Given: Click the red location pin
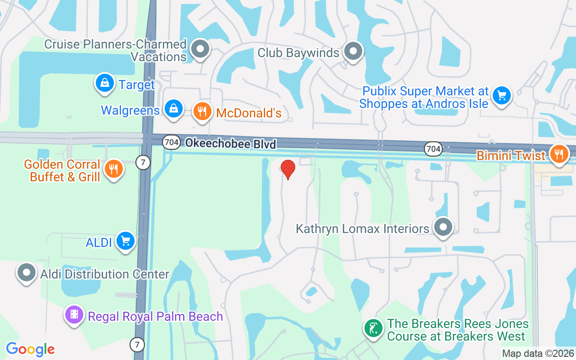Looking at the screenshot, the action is click(288, 169).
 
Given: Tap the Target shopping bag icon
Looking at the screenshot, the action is click(105, 83).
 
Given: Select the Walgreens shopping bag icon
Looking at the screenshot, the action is click(173, 108).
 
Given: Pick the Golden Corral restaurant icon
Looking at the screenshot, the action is click(114, 169).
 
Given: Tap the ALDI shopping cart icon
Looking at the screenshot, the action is click(126, 241).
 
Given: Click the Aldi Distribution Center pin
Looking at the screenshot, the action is click(27, 273).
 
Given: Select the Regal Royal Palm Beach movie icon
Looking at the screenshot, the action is click(75, 315).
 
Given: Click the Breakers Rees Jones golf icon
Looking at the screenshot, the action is click(373, 328).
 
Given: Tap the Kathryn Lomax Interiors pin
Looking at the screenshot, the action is click(443, 227).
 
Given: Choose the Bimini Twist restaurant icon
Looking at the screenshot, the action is click(559, 154).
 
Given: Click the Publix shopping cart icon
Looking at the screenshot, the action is click(502, 95).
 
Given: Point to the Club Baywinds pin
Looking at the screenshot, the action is click(353, 51).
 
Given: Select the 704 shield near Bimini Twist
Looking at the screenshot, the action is click(432, 148).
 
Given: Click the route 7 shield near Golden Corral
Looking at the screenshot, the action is click(143, 162).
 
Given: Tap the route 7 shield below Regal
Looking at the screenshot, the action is click(137, 345).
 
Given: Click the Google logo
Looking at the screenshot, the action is click(30, 349).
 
